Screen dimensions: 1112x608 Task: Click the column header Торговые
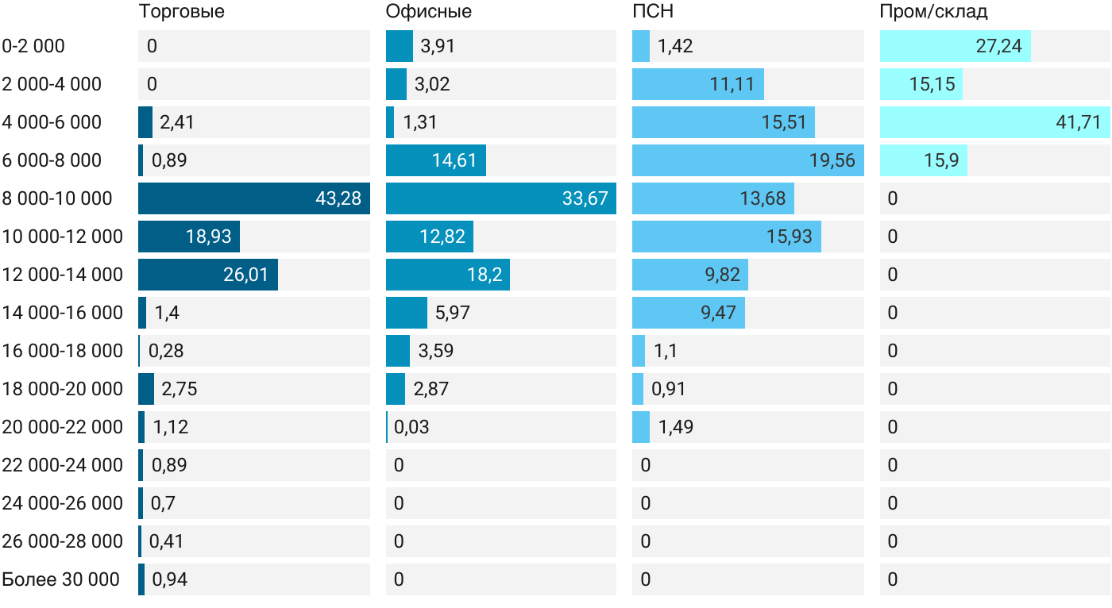click(x=181, y=11)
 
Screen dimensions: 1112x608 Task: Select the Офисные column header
click(x=428, y=11)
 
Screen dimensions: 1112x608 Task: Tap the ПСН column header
click(x=653, y=11)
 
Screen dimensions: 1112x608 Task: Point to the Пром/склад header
click(x=933, y=11)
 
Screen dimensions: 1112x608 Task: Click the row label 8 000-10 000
click(x=57, y=198)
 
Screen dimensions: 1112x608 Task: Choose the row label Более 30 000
click(x=60, y=579)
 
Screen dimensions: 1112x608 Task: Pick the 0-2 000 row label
click(x=33, y=46)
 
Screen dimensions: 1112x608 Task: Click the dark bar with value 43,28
click(x=254, y=198)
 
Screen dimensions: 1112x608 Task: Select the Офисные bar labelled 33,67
click(x=501, y=198)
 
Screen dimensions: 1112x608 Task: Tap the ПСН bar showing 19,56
click(x=748, y=160)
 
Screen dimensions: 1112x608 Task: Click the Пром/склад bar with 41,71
click(x=994, y=122)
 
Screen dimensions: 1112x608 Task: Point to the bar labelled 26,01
click(x=208, y=275)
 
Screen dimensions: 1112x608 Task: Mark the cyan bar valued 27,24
click(x=955, y=46)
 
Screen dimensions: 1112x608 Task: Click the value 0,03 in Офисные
click(x=411, y=427)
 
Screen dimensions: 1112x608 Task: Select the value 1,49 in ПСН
click(x=675, y=427)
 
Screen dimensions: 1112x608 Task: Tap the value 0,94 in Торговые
click(x=169, y=579)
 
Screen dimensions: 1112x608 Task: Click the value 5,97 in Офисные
click(x=452, y=313)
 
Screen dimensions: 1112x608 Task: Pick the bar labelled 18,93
click(x=189, y=237)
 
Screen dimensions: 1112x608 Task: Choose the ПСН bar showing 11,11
click(x=698, y=84)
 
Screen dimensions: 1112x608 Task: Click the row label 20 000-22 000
click(x=62, y=427)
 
